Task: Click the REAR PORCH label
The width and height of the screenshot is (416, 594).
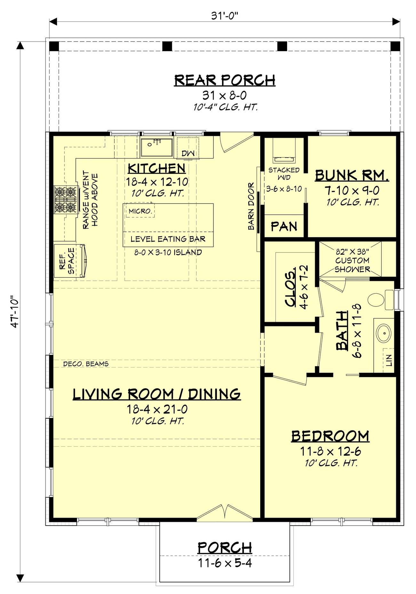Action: [x=225, y=80]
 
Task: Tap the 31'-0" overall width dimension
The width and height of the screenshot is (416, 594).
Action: [x=225, y=16]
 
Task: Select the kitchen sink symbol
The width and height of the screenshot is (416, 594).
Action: [x=156, y=147]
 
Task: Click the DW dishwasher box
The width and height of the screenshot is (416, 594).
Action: [x=188, y=153]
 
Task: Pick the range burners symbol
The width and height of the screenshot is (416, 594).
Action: [x=67, y=200]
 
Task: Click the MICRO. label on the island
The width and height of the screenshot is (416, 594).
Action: [x=140, y=211]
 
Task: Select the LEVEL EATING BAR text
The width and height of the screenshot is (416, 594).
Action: [x=168, y=239]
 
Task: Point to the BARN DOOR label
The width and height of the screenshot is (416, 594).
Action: [x=251, y=206]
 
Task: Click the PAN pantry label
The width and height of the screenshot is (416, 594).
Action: [x=284, y=227]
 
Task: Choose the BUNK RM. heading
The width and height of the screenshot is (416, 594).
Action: [x=352, y=175]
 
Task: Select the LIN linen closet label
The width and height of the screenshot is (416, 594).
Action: [x=389, y=360]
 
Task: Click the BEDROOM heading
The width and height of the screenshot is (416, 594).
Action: [x=330, y=436]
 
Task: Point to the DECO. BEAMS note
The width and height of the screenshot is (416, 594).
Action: [x=86, y=364]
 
